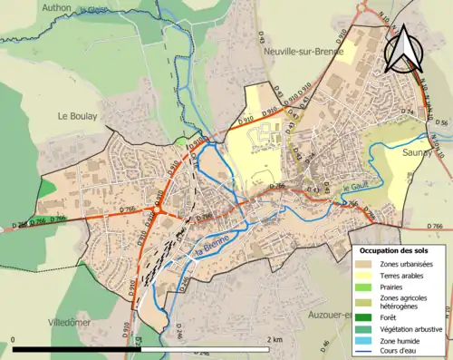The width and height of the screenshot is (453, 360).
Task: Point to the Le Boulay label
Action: tap(77, 116)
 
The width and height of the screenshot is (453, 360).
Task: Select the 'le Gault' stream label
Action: tap(358, 186)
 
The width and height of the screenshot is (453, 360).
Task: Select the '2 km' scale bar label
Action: tap(274, 339)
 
